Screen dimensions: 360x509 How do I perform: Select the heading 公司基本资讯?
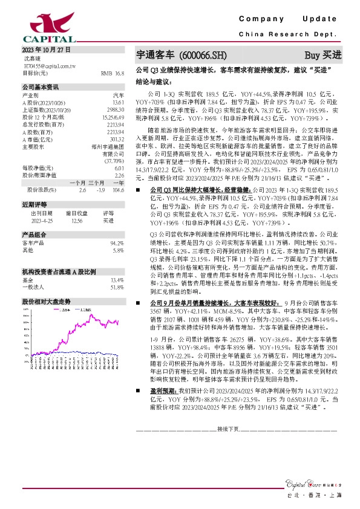coord(41,86)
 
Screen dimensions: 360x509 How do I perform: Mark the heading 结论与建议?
coord(153,81)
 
